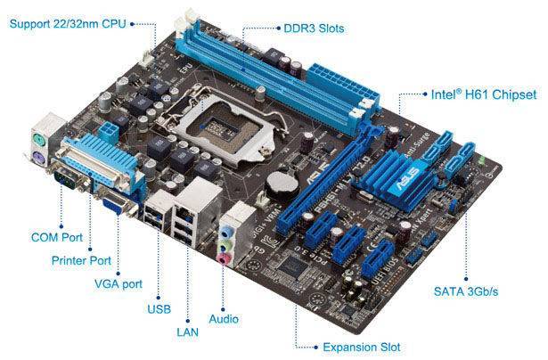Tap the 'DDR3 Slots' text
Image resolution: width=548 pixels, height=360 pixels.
pos(313,29)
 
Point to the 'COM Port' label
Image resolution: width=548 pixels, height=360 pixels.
pos(58,238)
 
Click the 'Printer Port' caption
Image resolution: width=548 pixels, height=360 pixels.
pos(80,261)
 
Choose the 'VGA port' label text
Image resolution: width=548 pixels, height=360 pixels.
pos(119,284)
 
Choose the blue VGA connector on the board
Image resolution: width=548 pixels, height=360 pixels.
pos(116,207)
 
